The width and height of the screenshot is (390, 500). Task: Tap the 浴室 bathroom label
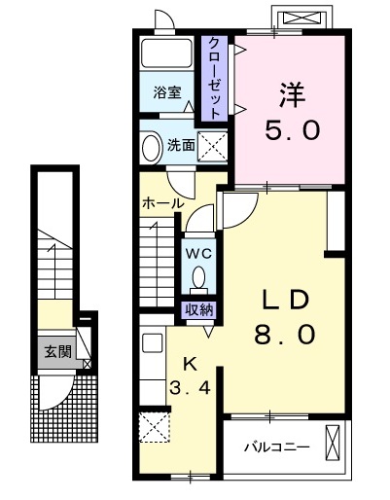pos(166,93)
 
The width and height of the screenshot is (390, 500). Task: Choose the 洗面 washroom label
pos(181,147)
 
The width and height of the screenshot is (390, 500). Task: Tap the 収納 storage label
pos(199,309)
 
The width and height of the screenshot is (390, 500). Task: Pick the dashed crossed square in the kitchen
pos(154,426)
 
